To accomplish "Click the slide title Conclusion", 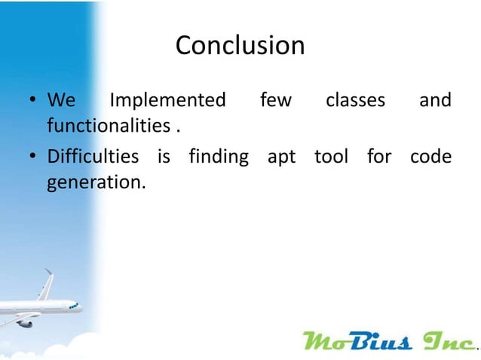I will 240,46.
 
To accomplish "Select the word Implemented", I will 167,100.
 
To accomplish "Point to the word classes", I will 355,100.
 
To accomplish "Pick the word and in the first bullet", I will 435,100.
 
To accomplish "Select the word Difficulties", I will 93,157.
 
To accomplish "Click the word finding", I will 219,157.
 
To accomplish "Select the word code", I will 430,157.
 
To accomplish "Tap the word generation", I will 95,182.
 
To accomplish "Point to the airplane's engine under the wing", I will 24,322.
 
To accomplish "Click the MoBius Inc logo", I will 389,341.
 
